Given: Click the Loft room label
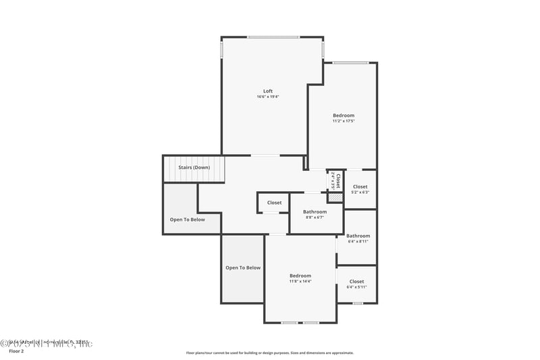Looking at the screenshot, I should [267, 91].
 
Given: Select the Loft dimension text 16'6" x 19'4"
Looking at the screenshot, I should [267, 97].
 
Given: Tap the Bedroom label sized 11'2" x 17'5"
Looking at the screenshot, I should [343, 115].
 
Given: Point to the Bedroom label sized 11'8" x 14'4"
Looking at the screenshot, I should [300, 276].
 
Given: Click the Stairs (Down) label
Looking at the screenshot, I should [194, 167].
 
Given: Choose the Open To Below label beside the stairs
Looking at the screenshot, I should [187, 219].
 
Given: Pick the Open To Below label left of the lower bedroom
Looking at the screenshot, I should [243, 267].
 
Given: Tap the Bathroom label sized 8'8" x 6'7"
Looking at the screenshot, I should [315, 211].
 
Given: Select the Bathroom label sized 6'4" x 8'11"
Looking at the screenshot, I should [358, 236].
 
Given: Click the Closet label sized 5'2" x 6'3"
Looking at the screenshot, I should [360, 186].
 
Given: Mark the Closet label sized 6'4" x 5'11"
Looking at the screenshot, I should [356, 281].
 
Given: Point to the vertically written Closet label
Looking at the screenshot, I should [337, 180].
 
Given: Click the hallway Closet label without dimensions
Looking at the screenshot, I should [274, 203].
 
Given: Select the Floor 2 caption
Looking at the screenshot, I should [16, 351].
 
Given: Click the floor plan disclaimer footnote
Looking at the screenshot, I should [269, 353].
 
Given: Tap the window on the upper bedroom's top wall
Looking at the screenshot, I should [350, 63].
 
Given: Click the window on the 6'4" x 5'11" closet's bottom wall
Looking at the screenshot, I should [357, 303].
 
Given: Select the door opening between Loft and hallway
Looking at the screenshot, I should [265, 155].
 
